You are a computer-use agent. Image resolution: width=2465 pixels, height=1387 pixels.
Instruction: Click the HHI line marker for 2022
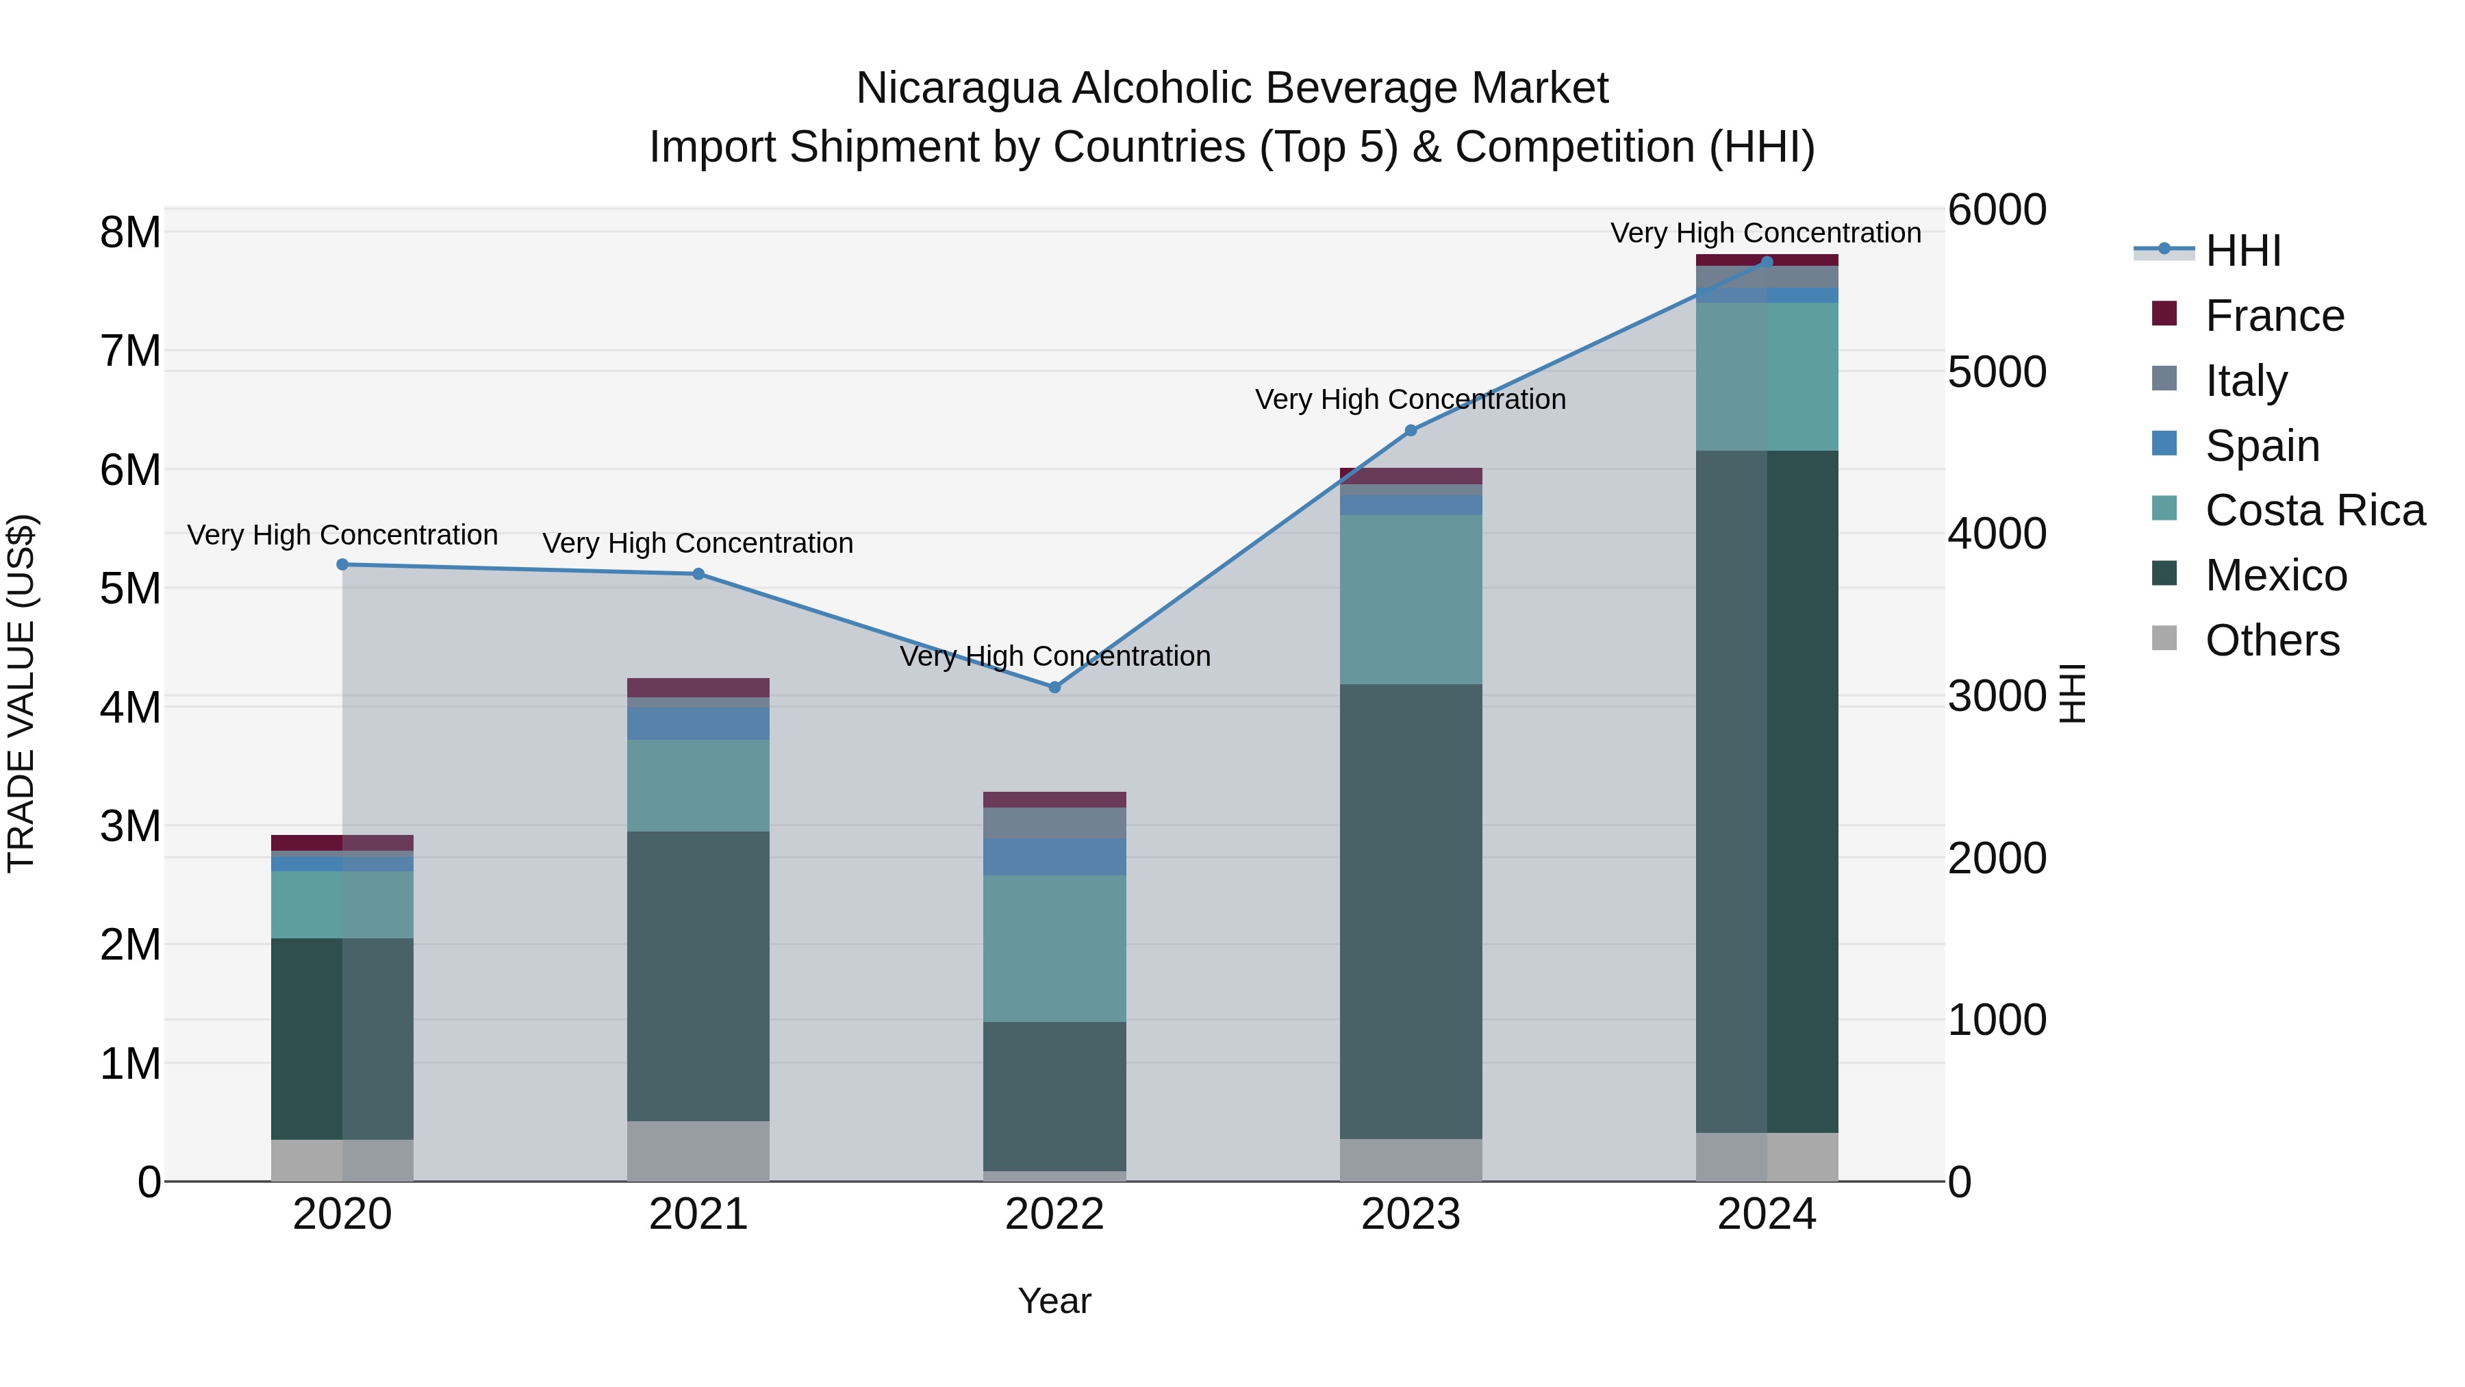[x=1054, y=687]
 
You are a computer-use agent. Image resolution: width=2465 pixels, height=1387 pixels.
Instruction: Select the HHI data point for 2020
[x=342, y=565]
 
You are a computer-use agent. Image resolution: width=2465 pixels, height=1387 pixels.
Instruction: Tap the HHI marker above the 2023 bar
[x=1411, y=431]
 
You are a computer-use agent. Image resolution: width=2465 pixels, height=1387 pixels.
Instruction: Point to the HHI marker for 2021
[x=698, y=575]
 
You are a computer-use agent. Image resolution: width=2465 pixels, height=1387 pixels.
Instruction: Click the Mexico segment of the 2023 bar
[x=1411, y=910]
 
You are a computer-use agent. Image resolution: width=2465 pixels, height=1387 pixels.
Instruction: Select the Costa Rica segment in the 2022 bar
[x=1054, y=948]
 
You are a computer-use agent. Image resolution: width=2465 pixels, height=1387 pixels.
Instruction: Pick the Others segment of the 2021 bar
[x=698, y=1151]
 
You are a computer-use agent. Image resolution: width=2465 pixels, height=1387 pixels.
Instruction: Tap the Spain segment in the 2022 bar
[x=1054, y=857]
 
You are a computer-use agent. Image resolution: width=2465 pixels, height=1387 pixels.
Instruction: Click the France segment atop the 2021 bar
[x=698, y=687]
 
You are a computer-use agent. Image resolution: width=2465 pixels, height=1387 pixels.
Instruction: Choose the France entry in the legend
[x=2273, y=316]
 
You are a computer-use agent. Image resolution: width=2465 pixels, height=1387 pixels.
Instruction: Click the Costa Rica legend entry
[x=2314, y=510]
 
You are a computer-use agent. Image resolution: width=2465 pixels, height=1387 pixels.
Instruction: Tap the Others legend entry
[x=2272, y=640]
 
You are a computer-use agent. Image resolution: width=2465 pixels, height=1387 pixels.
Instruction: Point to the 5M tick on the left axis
[x=130, y=588]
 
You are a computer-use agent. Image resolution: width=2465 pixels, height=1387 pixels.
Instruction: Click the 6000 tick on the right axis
[x=1997, y=210]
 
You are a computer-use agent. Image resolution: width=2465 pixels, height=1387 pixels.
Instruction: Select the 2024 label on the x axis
[x=1767, y=1214]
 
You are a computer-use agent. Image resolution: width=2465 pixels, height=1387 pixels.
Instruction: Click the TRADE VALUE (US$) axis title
[x=22, y=693]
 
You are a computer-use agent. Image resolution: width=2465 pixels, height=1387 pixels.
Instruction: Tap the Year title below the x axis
[x=1054, y=1301]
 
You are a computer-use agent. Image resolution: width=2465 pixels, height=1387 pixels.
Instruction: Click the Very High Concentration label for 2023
[x=1411, y=399]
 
